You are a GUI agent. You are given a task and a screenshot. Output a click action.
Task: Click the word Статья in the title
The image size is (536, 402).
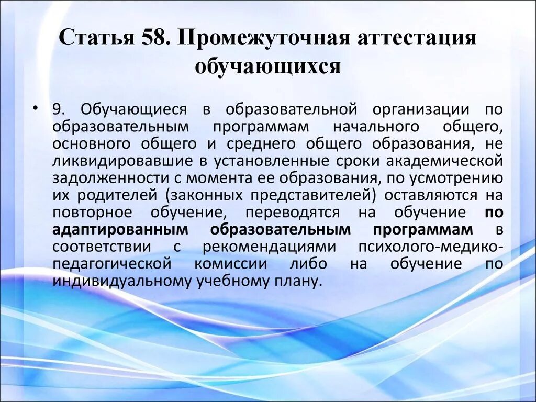[x=92, y=40]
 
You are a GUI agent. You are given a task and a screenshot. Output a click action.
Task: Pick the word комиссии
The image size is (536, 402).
[x=230, y=264]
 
